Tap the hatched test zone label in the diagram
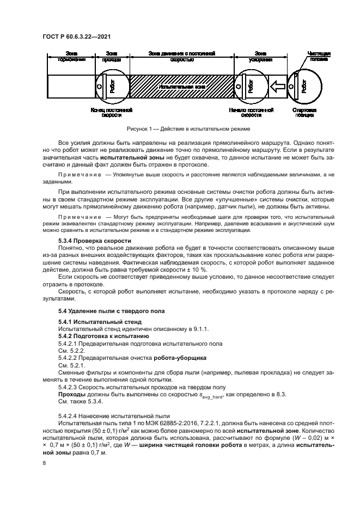pyautogui.click(x=180, y=87)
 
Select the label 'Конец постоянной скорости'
pyautogui.click(x=112, y=112)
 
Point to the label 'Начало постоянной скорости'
pyautogui.click(x=251, y=112)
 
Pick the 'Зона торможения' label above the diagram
pyautogui.click(x=71, y=56)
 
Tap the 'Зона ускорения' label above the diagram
pyautogui.click(x=260, y=56)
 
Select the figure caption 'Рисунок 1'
pyautogui.click(x=180, y=129)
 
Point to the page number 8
pyautogui.click(x=44, y=463)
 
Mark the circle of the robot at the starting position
pyautogui.click(x=306, y=85)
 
